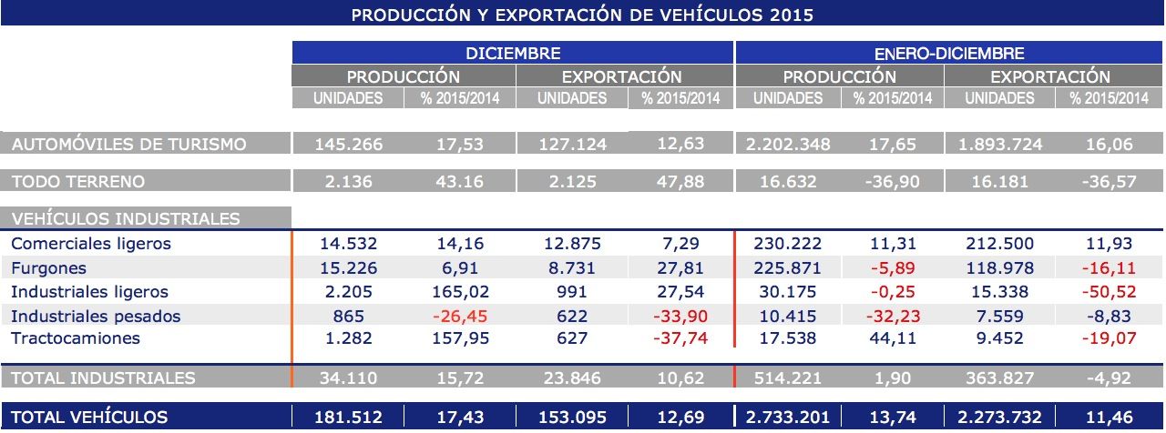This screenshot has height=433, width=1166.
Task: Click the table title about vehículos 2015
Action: pos(582,15)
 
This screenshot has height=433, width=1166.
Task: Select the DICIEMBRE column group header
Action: pos(513,54)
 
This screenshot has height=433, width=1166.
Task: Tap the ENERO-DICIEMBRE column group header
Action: pos(949,54)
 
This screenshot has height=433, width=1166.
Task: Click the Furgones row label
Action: pos(49,268)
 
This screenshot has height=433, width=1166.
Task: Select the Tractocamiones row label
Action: pos(76,338)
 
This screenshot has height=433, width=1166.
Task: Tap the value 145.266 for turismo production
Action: pos(348,144)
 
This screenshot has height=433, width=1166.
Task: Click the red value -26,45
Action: pos(461,316)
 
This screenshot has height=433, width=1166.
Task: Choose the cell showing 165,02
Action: pos(461,292)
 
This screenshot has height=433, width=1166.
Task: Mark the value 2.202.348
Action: pos(789,144)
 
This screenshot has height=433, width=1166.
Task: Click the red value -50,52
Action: pos(1111,292)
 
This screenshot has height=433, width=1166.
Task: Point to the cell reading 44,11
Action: pos(893,338)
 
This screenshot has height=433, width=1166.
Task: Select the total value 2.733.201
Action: pos(789,418)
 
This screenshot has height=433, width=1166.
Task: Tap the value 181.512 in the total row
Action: pos(348,418)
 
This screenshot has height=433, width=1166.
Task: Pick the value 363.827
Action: pos(1000,378)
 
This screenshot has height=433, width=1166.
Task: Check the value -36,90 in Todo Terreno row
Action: pos(893,181)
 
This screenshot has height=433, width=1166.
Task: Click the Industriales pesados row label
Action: pos(96,316)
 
